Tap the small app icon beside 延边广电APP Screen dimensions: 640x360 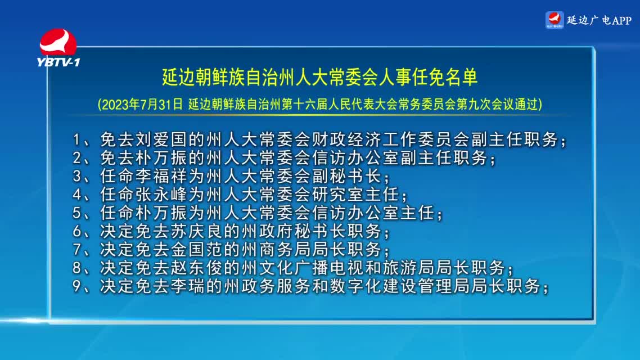pyautogui.click(x=555, y=20)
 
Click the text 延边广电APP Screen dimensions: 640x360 pyautogui.click(x=599, y=20)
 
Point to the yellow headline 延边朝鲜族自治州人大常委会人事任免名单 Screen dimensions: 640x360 pyautogui.click(x=319, y=77)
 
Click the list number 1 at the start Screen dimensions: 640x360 pyautogui.click(x=76, y=140)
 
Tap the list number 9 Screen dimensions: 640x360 pyautogui.click(x=76, y=286)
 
